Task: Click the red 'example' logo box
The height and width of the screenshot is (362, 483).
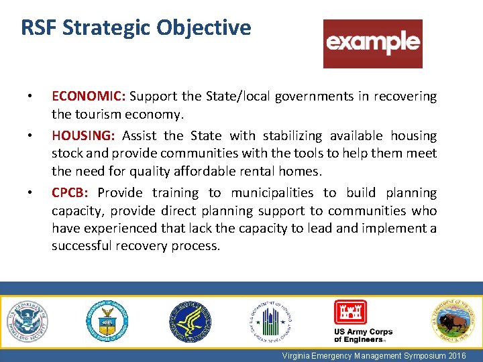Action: [x=373, y=44]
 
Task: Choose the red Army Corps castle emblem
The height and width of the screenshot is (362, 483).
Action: [x=351, y=312]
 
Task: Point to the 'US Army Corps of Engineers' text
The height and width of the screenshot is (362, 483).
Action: [x=363, y=336]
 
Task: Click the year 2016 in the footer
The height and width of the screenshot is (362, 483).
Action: [x=455, y=355]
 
